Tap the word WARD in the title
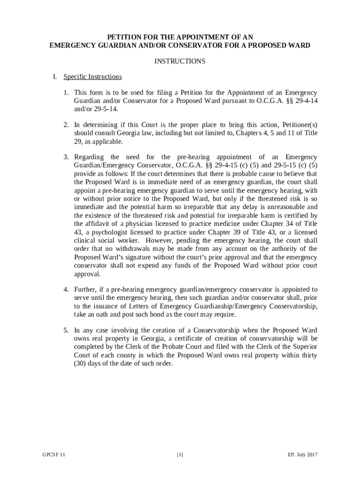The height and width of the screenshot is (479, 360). pyautogui.click(x=299, y=45)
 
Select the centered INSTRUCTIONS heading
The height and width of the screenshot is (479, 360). pyautogui.click(x=180, y=61)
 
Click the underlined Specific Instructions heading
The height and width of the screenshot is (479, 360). pyautogui.click(x=93, y=77)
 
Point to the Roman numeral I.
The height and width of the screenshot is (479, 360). pyautogui.click(x=54, y=77)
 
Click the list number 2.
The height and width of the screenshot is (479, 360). pyautogui.click(x=66, y=125)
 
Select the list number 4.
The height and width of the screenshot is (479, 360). pyautogui.click(x=66, y=289)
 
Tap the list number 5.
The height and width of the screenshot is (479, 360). pyautogui.click(x=66, y=330)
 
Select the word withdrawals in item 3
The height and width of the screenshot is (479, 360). pyautogui.click(x=127, y=249)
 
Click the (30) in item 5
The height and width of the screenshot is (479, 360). pyautogui.click(x=80, y=363)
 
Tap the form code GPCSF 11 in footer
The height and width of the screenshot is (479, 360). pyautogui.click(x=52, y=454)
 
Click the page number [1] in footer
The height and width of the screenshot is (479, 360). pyautogui.click(x=180, y=454)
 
